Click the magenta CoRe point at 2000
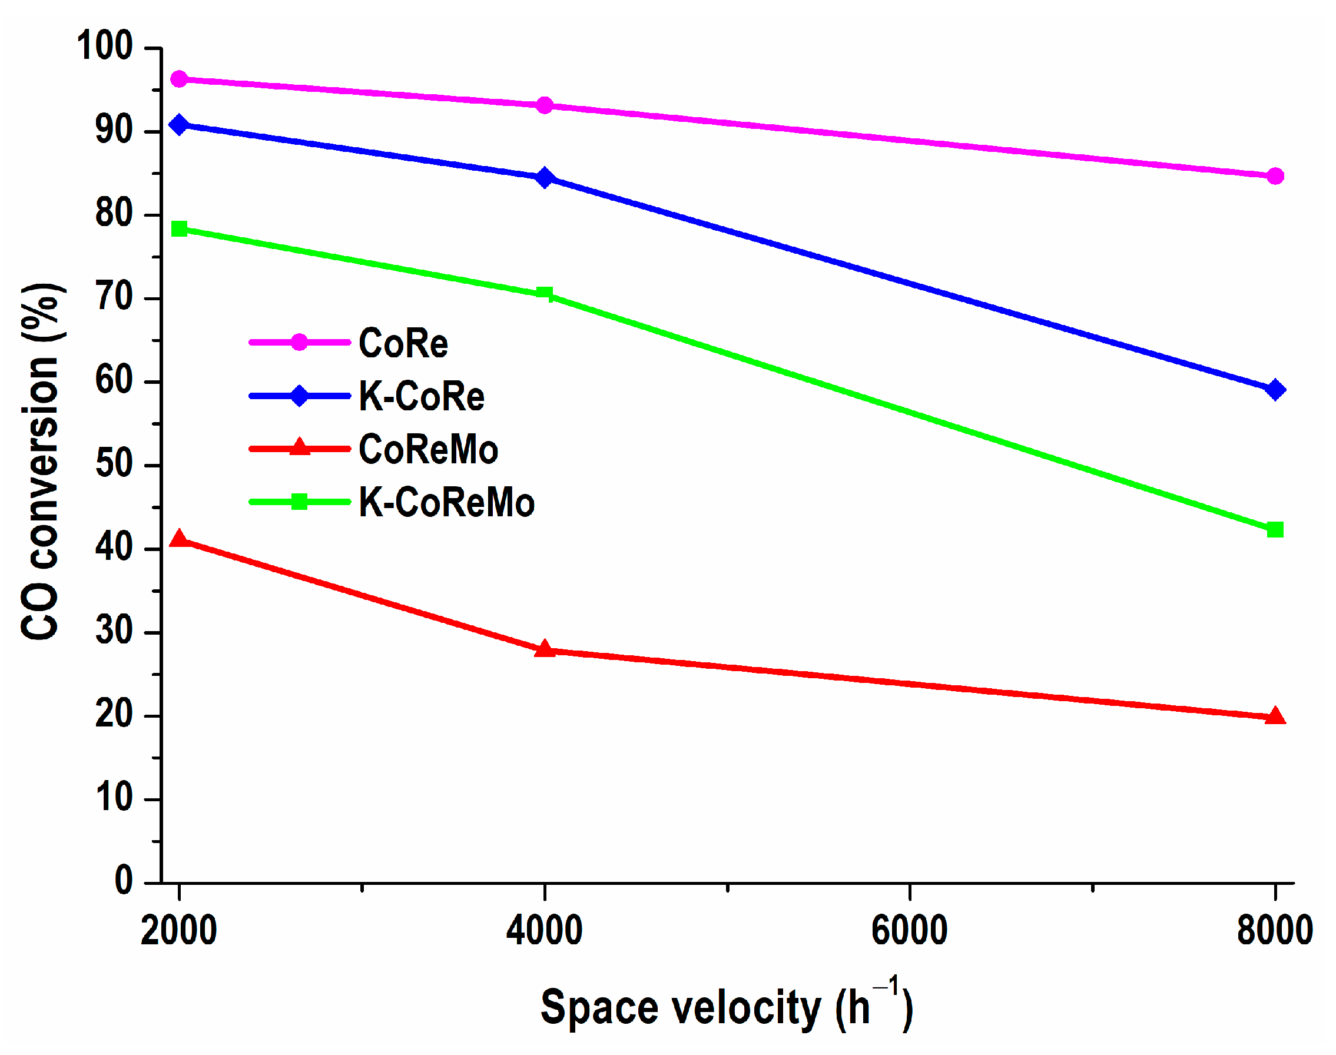point(179,79)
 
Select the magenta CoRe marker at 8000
point(1275,176)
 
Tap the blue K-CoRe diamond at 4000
point(544,178)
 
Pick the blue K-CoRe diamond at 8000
point(1275,390)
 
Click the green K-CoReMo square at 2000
point(179,229)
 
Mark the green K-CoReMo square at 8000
point(1275,529)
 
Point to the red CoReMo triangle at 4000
point(544,649)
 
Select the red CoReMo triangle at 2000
point(179,539)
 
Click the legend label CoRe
point(403,343)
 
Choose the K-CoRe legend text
point(421,396)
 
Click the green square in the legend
point(299,502)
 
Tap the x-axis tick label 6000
point(909,930)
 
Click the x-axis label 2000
point(178,930)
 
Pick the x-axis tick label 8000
point(1274,930)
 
